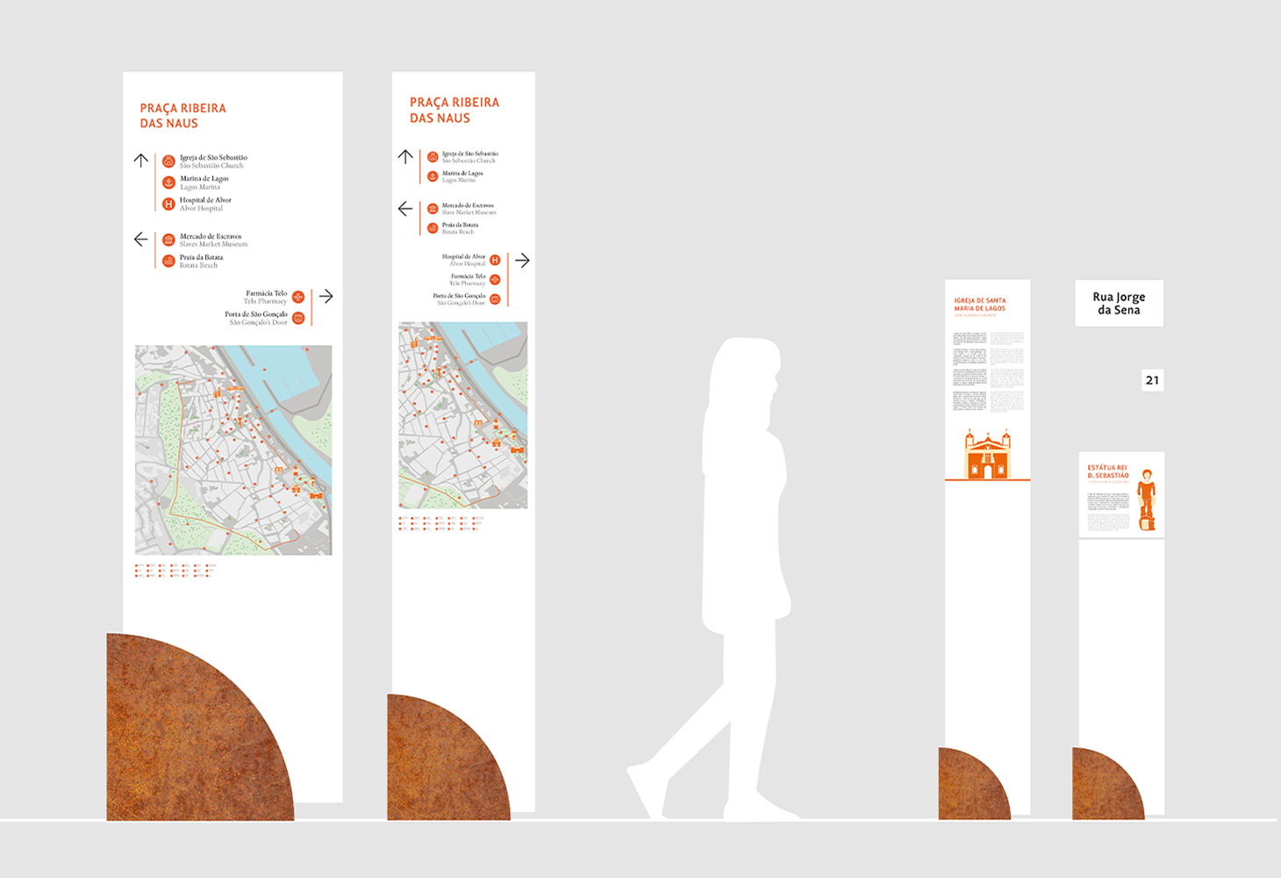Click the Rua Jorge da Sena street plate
click(x=1119, y=303)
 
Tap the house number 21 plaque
click(x=1152, y=380)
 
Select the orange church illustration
click(x=987, y=454)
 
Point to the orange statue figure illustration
click(x=1146, y=500)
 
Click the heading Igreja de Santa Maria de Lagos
click(x=980, y=305)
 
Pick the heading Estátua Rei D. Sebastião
click(x=1107, y=471)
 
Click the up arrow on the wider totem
click(x=141, y=160)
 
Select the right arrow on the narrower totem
click(x=522, y=261)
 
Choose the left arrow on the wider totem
click(x=140, y=239)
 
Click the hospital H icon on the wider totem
click(x=168, y=204)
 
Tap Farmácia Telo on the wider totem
click(x=266, y=293)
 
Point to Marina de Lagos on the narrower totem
click(x=462, y=174)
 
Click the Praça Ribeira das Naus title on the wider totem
click(x=182, y=115)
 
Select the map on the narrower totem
click(x=463, y=414)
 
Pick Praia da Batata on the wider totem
click(x=201, y=257)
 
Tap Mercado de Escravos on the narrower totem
click(x=468, y=205)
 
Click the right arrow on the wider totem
click(x=326, y=297)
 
